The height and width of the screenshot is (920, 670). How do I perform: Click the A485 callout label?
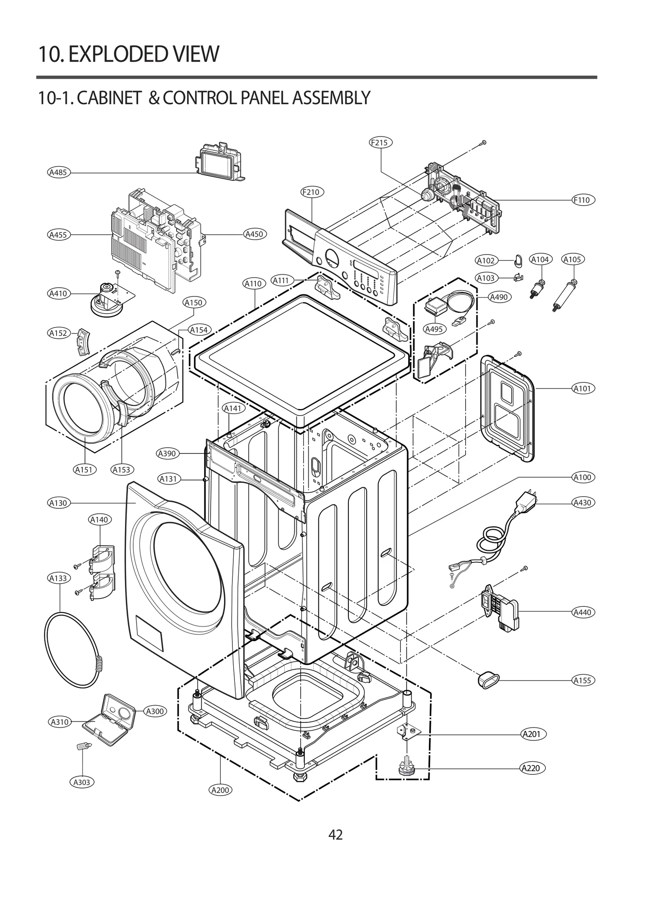[x=58, y=172]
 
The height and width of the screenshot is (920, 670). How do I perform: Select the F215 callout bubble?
[x=380, y=142]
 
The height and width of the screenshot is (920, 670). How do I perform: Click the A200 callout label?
[x=220, y=790]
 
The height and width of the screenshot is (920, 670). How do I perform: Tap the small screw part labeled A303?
[x=82, y=746]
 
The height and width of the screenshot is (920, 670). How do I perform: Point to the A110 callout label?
[x=253, y=283]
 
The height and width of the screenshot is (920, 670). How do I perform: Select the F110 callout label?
[x=582, y=200]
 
